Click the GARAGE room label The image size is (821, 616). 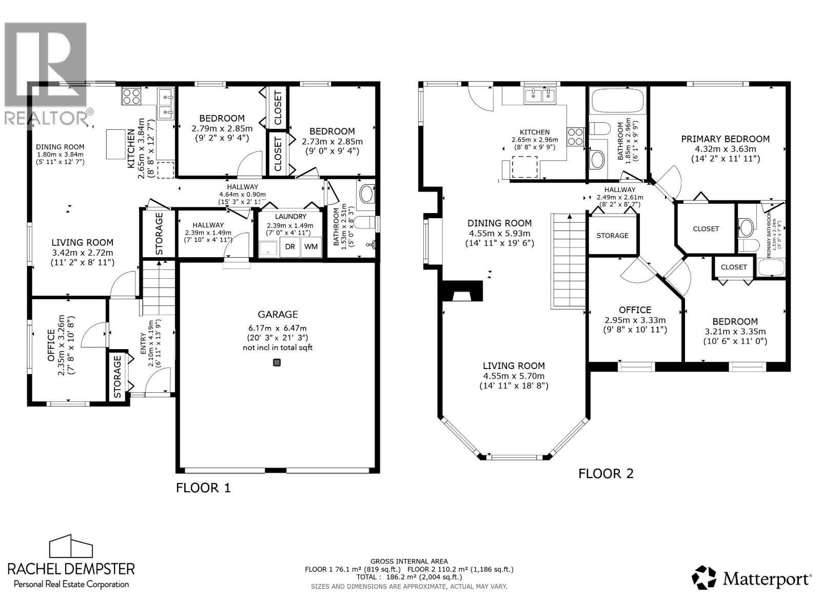[x=278, y=314]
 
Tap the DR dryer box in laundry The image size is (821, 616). [x=290, y=247]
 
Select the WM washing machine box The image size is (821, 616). [x=310, y=247]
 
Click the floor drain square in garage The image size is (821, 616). [x=277, y=363]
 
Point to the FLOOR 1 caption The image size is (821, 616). [x=203, y=488]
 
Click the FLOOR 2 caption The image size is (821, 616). [x=605, y=473]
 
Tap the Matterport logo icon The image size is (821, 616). [x=703, y=577]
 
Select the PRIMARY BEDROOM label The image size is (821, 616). [x=725, y=139]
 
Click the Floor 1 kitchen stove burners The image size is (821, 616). [x=131, y=97]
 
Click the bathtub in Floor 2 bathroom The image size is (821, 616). [x=617, y=101]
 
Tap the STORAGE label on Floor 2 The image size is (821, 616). [x=612, y=236]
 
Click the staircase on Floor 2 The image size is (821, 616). [x=568, y=261]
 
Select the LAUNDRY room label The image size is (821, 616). [x=290, y=217]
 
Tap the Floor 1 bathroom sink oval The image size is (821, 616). [x=366, y=194]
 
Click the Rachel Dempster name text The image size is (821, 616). [x=71, y=568]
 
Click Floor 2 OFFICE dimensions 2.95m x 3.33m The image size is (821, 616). [x=635, y=320]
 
